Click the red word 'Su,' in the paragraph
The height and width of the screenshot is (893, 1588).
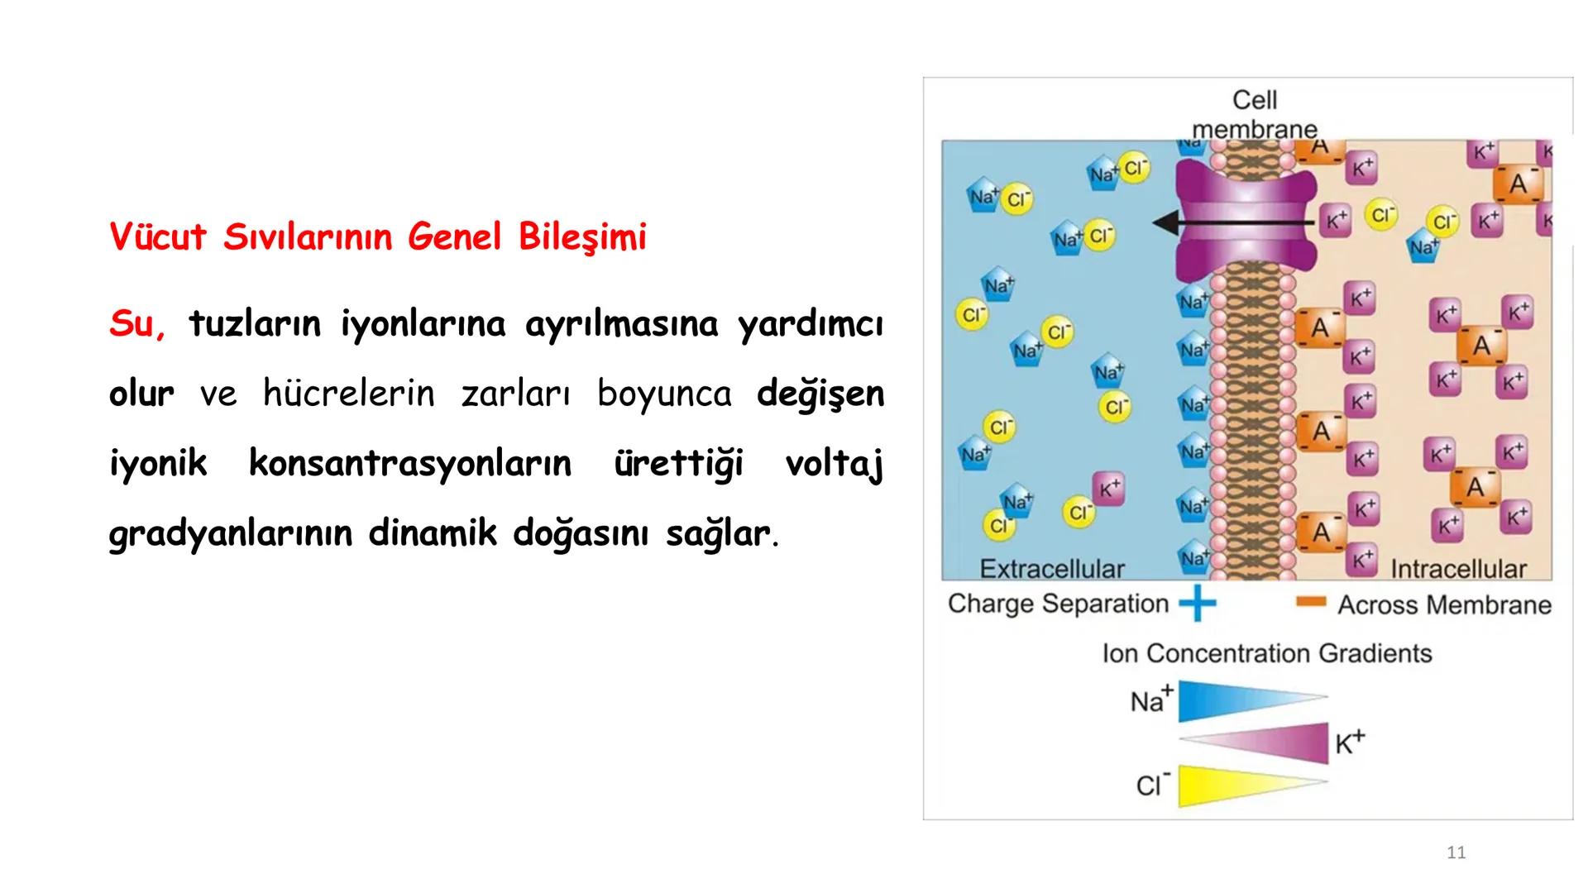(x=136, y=324)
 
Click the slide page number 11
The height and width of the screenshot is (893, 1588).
(x=1456, y=852)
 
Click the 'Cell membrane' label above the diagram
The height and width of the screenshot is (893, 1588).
(x=1254, y=114)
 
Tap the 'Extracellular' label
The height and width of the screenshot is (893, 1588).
(x=1051, y=569)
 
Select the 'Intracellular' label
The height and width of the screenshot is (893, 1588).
(x=1458, y=569)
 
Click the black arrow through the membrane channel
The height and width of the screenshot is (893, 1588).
(x=1232, y=222)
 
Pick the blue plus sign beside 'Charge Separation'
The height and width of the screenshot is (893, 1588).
(x=1197, y=604)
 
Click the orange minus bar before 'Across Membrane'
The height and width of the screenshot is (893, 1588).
(x=1311, y=602)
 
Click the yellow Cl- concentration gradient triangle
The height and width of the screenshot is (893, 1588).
(x=1249, y=785)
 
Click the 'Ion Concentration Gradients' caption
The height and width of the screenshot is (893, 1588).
(x=1266, y=653)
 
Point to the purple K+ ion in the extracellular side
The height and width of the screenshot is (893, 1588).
(x=1108, y=488)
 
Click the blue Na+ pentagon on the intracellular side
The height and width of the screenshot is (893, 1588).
(x=1423, y=247)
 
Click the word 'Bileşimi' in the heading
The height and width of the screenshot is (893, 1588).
(x=582, y=237)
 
